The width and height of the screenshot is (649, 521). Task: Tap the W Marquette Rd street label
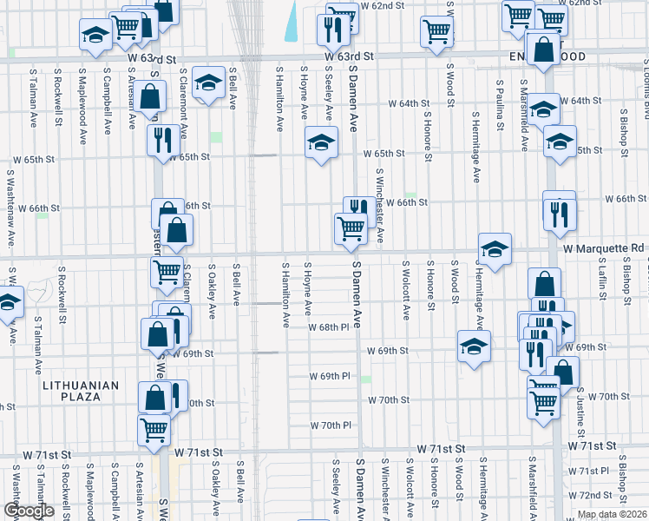click(x=602, y=247)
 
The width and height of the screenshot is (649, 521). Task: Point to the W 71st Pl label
click(x=596, y=470)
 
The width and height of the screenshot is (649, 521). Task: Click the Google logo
click(x=28, y=511)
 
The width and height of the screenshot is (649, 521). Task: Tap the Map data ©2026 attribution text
click(x=612, y=514)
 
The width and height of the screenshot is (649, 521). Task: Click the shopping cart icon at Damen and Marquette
click(x=351, y=228)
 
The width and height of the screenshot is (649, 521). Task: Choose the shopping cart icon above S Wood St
click(x=436, y=31)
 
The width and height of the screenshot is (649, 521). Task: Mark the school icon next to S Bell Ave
click(x=207, y=82)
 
